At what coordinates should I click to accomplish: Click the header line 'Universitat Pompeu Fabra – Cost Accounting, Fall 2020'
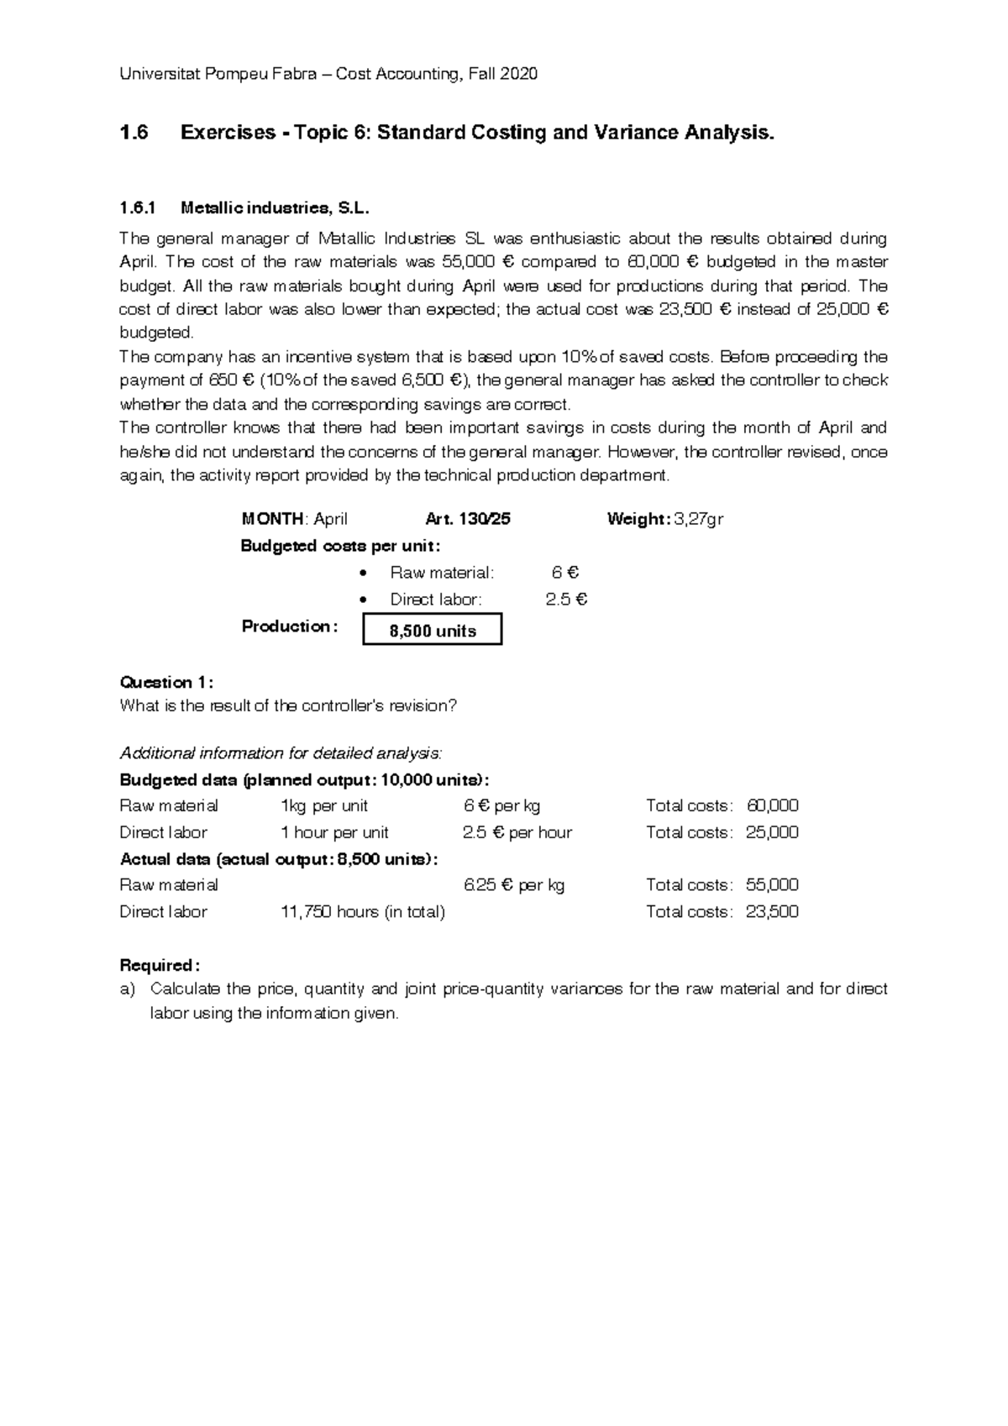click(x=328, y=74)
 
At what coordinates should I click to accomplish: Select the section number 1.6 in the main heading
click(x=134, y=133)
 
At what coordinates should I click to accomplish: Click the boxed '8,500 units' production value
click(x=433, y=631)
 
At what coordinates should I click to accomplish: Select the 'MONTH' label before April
click(x=272, y=519)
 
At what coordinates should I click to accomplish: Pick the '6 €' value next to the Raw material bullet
click(x=564, y=573)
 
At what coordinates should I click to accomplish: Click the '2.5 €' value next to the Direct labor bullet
click(x=566, y=600)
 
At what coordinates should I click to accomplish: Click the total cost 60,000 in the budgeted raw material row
click(x=772, y=806)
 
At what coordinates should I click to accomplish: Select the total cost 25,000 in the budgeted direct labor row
click(x=772, y=833)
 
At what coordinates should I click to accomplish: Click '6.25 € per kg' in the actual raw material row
click(x=514, y=885)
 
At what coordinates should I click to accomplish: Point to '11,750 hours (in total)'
click(x=362, y=912)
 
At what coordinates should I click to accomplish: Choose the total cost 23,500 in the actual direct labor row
click(x=772, y=912)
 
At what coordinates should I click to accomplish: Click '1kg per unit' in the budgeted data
click(x=323, y=806)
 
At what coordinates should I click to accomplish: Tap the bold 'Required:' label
click(x=160, y=965)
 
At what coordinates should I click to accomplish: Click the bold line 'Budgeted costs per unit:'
click(x=340, y=546)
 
